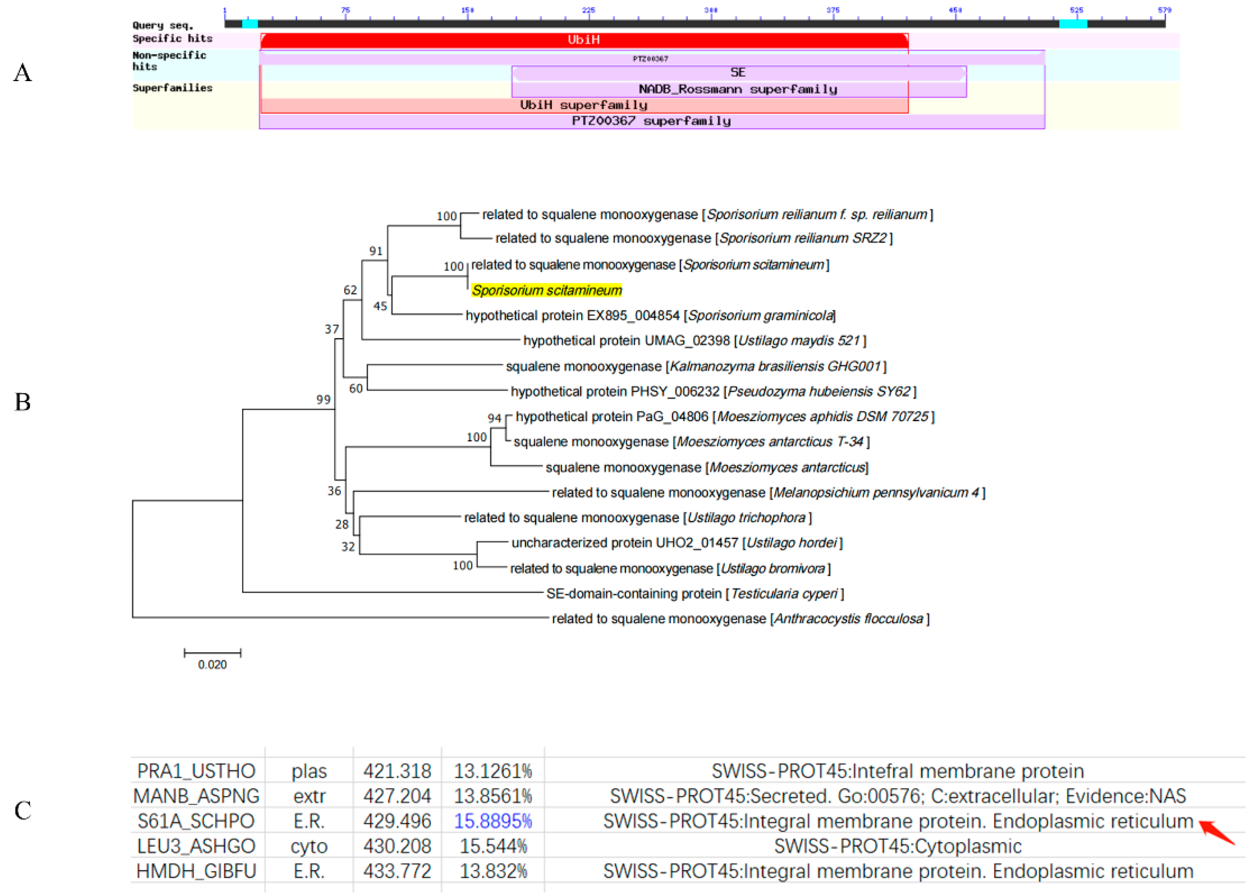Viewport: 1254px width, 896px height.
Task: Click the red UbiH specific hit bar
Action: coord(583,40)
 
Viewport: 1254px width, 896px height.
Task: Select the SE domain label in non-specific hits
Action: coord(738,72)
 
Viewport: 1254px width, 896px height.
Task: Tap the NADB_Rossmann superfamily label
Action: coord(738,89)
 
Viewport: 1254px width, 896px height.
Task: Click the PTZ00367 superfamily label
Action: coord(651,121)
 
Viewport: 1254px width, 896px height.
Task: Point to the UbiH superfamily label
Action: coord(583,105)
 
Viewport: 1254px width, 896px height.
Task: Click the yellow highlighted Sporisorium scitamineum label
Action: coord(546,290)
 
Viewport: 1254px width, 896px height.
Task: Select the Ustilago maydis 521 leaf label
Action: coord(694,341)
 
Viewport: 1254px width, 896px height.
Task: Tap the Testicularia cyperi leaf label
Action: coord(695,594)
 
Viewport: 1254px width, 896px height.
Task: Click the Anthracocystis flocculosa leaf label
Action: coord(740,618)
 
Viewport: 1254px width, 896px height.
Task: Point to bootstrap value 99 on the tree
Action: coord(323,399)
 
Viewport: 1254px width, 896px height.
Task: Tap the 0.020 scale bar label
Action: coord(213,665)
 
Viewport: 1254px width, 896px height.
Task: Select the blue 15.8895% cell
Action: coord(493,821)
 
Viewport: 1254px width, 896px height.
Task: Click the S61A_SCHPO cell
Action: coord(196,821)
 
